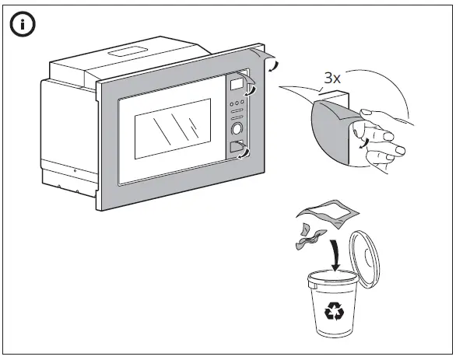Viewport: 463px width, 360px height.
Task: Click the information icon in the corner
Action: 23,24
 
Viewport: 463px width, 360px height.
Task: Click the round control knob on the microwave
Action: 237,128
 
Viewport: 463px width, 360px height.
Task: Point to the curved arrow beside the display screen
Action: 251,91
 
